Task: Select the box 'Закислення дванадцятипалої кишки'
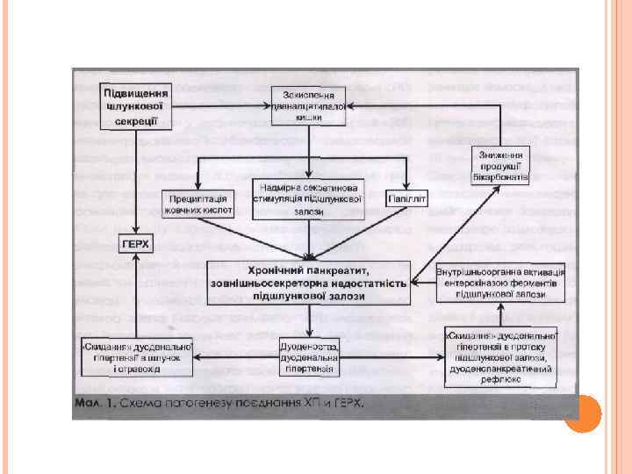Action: pyautogui.click(x=309, y=104)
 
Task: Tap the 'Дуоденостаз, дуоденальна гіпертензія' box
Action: pyautogui.click(x=309, y=356)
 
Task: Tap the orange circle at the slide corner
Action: pyautogui.click(x=581, y=413)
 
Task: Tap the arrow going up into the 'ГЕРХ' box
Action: pyautogui.click(x=135, y=290)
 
